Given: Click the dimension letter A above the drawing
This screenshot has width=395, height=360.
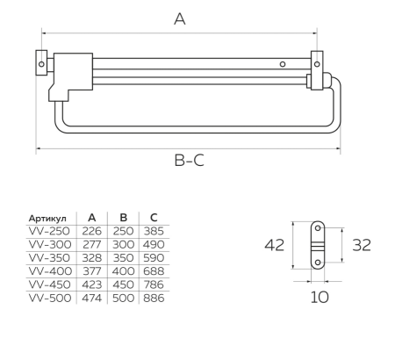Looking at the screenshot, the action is click(x=180, y=19).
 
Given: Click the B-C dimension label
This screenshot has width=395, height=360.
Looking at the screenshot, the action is click(x=189, y=161).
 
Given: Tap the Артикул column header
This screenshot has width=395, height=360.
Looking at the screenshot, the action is click(x=47, y=219).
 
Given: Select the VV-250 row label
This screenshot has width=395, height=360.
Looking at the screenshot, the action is click(x=49, y=231).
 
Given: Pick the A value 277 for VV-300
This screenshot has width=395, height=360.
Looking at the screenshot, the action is click(x=91, y=244).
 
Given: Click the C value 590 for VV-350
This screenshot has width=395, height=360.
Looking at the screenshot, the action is click(x=154, y=258).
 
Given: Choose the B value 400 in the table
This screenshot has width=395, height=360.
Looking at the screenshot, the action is click(x=123, y=271).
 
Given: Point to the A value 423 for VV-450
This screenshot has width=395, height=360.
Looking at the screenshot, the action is click(x=92, y=284).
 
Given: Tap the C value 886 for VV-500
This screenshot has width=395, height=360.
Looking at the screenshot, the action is click(x=154, y=298).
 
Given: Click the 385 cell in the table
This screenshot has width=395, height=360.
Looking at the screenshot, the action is click(x=154, y=231).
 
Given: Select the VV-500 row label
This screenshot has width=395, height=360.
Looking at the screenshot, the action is click(x=50, y=298).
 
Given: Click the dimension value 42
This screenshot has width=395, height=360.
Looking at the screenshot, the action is click(x=274, y=245).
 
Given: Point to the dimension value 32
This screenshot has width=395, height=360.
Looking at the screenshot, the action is click(x=362, y=245).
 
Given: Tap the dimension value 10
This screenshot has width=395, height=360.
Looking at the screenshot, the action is click(x=320, y=298).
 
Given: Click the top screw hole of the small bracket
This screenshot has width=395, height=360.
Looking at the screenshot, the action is click(x=318, y=227).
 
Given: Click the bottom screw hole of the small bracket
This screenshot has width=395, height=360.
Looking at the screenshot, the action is click(x=318, y=263).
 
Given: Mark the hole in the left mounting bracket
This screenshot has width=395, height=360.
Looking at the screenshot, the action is click(x=41, y=64).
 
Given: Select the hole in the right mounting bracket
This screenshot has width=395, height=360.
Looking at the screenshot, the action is click(x=317, y=64).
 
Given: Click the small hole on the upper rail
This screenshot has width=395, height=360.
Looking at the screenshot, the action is click(x=283, y=64).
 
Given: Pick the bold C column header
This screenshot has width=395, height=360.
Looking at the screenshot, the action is click(x=154, y=218).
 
